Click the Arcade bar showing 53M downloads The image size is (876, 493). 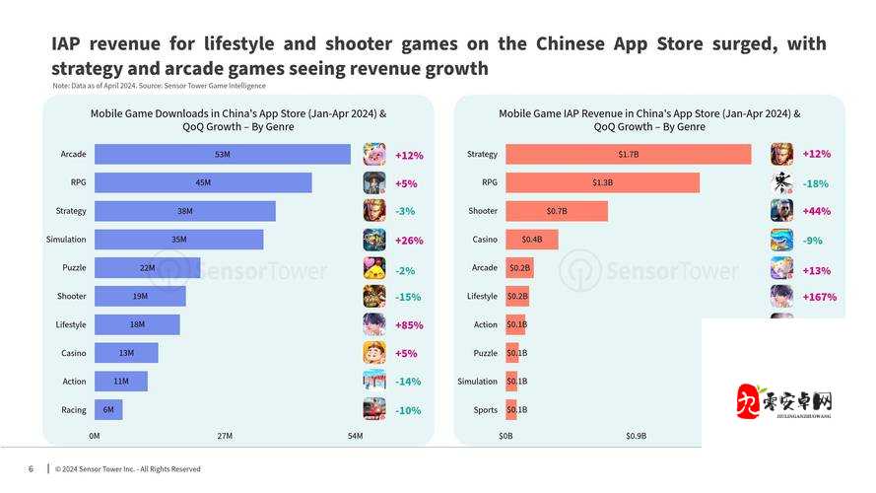222,155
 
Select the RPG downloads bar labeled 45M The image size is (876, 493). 203,183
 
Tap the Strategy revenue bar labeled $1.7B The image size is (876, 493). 628,155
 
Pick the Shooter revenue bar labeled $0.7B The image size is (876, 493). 557,211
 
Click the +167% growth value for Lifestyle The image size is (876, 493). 819,297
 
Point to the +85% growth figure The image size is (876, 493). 407,324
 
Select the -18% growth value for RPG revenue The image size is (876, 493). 816,183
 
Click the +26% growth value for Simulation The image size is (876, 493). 408,240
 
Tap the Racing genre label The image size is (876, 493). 73,410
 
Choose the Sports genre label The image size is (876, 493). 485,410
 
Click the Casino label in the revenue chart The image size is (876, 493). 483,240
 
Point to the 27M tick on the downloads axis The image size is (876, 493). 225,436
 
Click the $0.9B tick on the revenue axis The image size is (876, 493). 635,436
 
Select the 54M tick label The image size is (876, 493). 355,436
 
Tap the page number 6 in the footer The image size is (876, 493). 31,468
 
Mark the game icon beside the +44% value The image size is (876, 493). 781,211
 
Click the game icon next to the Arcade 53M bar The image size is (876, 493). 374,155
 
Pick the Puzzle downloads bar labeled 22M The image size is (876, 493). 147,268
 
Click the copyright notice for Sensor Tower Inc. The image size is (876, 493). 128,469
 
